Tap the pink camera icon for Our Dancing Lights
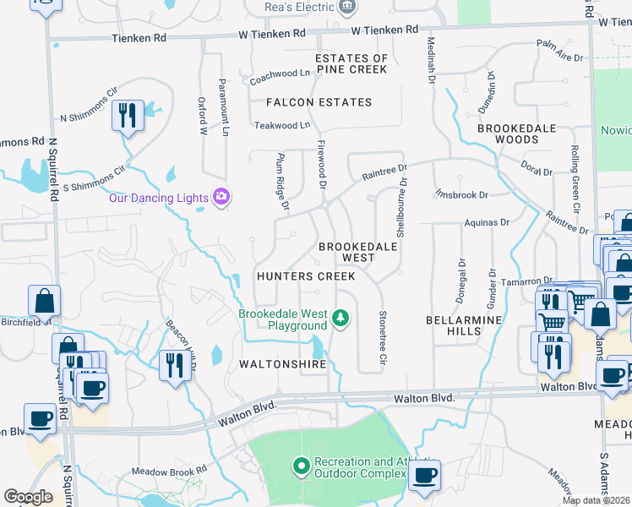coord(221,197)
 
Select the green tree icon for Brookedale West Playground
coord(341,318)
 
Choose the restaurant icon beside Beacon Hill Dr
coord(172,365)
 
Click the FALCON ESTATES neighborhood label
coord(319,102)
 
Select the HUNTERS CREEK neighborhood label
coord(306,276)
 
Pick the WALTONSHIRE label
coord(282,364)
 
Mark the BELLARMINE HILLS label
coord(464,325)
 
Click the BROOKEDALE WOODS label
coord(507,133)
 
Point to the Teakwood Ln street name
coord(281,125)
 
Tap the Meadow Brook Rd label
coord(169,471)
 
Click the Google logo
coord(28,497)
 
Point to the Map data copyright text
coord(596,500)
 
